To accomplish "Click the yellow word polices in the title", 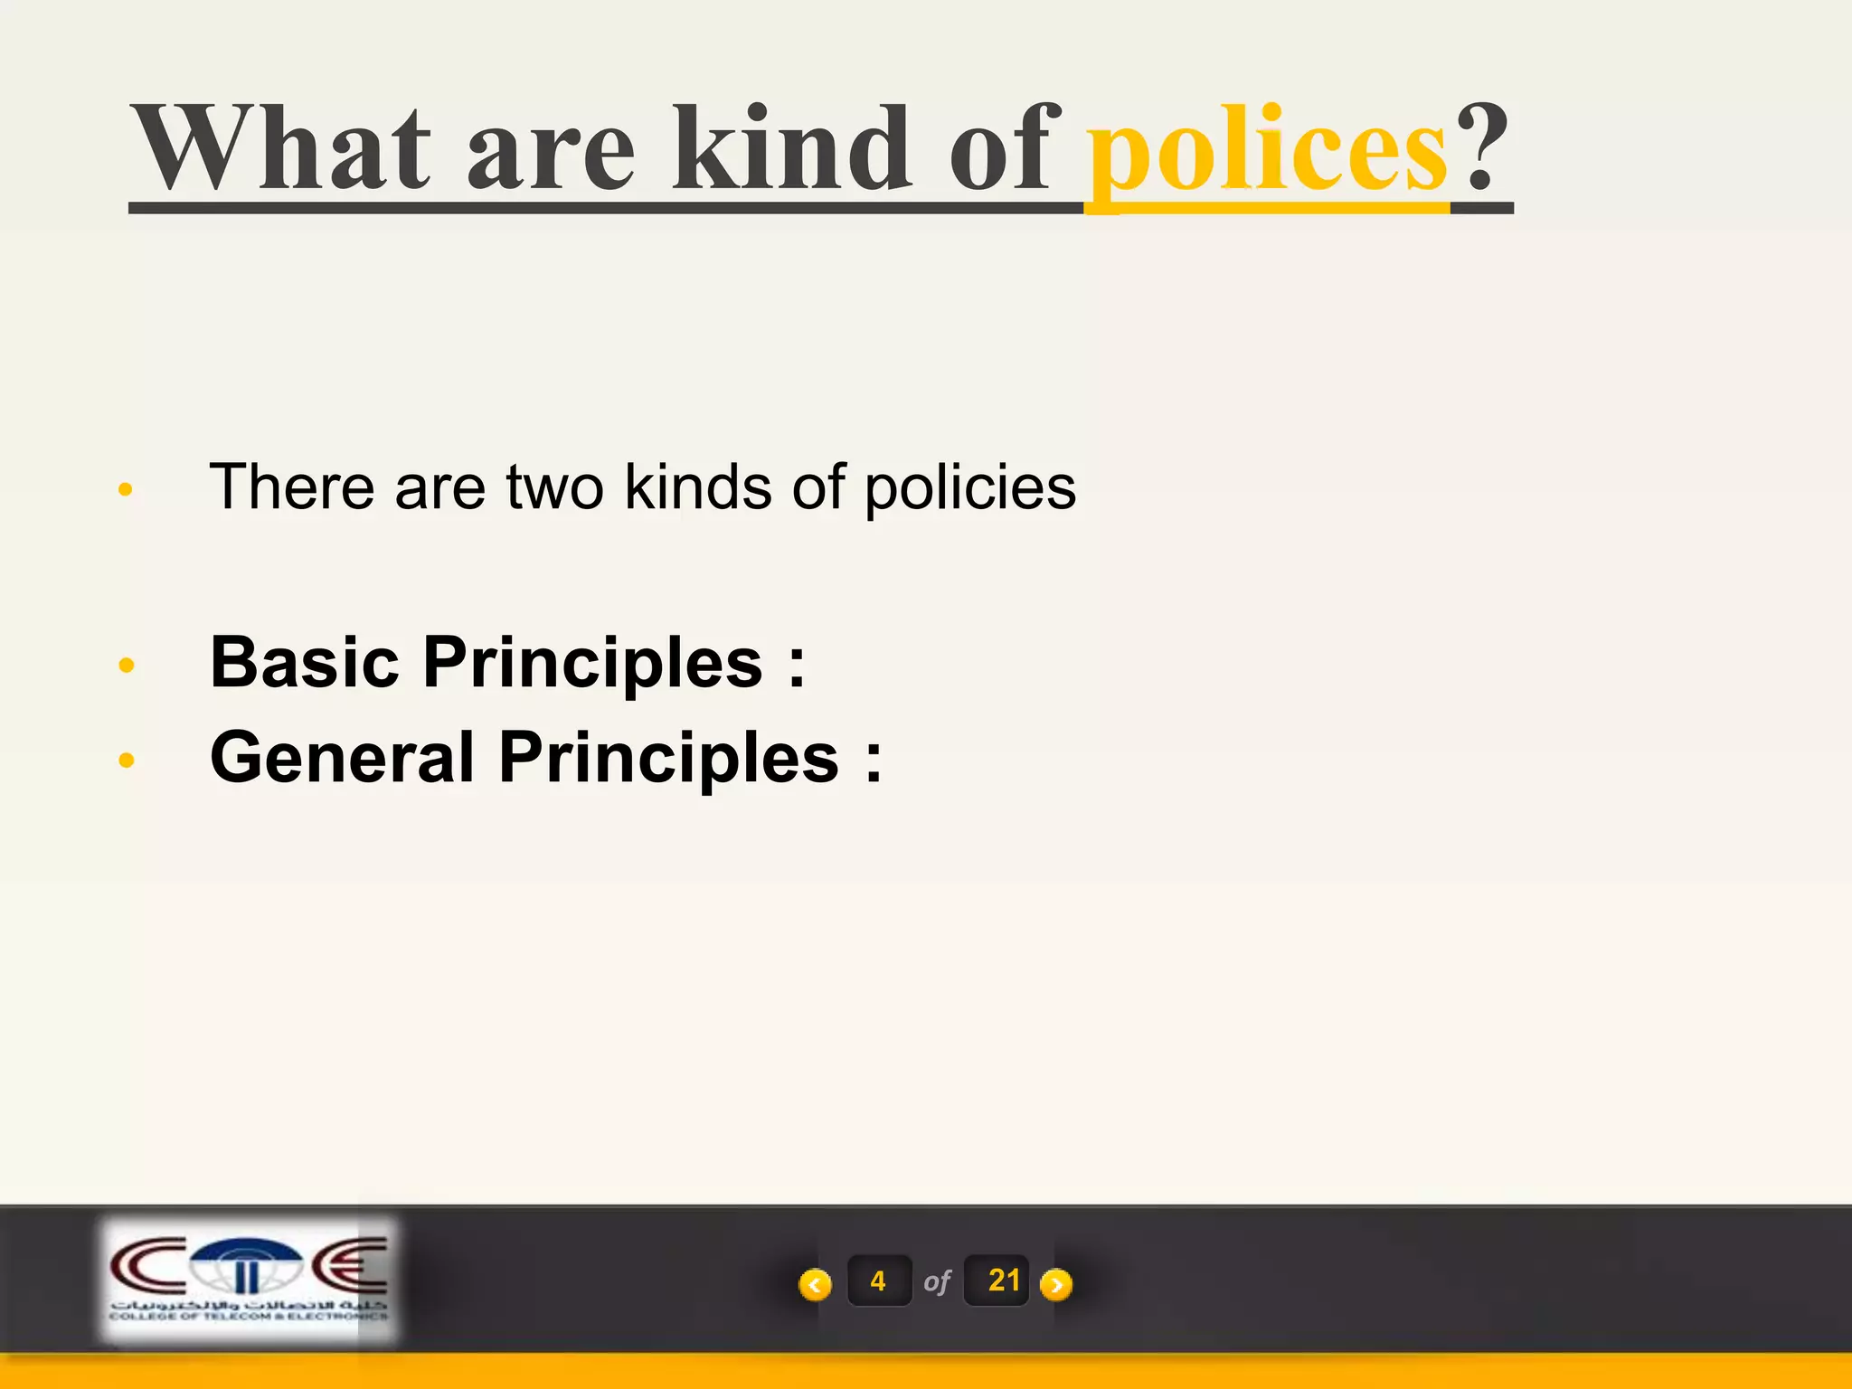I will tap(1266, 149).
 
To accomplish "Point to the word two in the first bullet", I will tap(554, 487).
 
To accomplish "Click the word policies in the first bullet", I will tap(969, 488).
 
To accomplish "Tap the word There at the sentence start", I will tap(291, 487).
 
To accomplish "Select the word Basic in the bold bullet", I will tap(304, 662).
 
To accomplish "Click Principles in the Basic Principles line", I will tap(592, 664).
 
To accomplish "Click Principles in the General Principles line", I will tap(668, 759).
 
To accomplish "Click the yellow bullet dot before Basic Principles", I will tap(127, 666).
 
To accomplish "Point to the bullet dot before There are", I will tap(126, 490).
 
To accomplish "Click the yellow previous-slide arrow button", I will tap(815, 1284).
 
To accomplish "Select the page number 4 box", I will tap(878, 1280).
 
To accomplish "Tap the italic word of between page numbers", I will tap(937, 1281).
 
